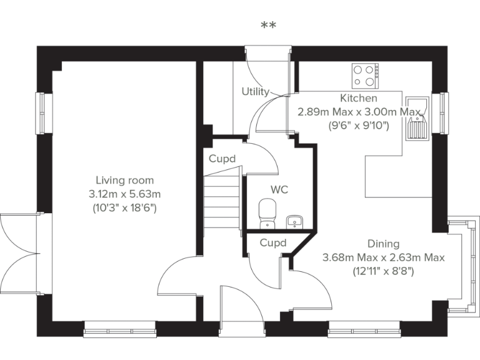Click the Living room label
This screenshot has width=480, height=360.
(125, 181)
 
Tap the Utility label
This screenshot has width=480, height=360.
(255, 92)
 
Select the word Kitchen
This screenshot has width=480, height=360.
(358, 98)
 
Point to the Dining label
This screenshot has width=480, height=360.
(383, 244)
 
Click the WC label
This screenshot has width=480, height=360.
(279, 189)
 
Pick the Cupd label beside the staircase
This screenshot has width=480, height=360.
(222, 159)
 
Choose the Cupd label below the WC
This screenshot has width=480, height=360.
(273, 242)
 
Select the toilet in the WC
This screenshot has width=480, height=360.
(267, 211)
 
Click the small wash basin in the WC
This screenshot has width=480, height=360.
(294, 221)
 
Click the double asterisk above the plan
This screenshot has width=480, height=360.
(269, 26)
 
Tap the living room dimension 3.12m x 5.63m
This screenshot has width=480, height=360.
(125, 194)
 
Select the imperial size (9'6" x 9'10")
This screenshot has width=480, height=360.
(359, 126)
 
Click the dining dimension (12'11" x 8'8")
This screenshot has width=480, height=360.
(383, 271)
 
